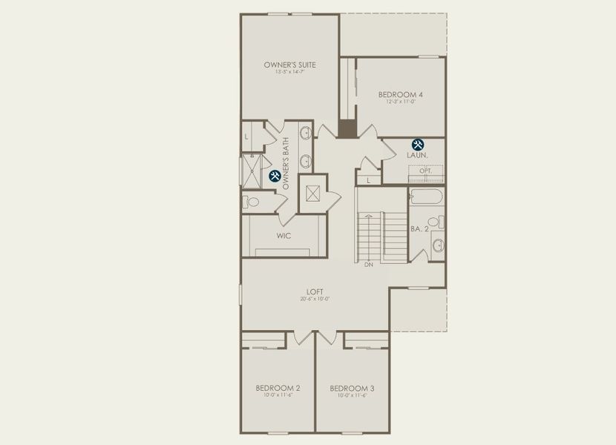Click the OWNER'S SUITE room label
[289, 65]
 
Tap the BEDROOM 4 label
[400, 94]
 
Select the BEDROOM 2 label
[278, 388]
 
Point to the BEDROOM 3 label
[352, 388]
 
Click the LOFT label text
[315, 291]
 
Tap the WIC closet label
[284, 236]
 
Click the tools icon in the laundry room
[418, 144]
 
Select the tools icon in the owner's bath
[274, 176]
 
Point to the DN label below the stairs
[368, 265]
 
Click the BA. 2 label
[420, 229]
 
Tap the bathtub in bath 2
[425, 197]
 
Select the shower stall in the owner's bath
[252, 170]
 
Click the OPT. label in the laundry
[425, 171]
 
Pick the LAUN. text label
[418, 156]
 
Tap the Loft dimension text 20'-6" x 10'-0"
[315, 300]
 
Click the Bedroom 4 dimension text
[400, 102]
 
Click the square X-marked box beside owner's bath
[312, 194]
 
